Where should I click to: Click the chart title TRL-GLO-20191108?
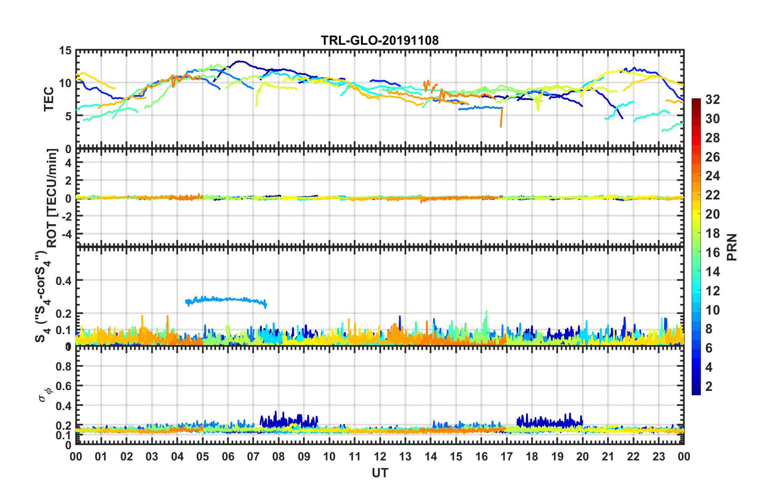click(x=380, y=40)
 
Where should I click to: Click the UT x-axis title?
click(x=380, y=473)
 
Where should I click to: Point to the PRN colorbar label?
click(x=732, y=247)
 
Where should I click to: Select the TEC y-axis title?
click(x=49, y=99)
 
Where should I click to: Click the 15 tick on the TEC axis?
click(x=65, y=51)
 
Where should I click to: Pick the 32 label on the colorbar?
click(x=712, y=100)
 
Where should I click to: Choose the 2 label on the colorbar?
click(x=709, y=386)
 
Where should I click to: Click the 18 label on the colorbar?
click(x=712, y=233)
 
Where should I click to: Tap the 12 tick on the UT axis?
click(x=380, y=456)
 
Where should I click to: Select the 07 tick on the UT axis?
click(x=253, y=456)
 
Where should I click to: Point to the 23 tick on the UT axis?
click(x=659, y=456)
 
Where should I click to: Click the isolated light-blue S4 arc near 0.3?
click(x=226, y=299)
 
